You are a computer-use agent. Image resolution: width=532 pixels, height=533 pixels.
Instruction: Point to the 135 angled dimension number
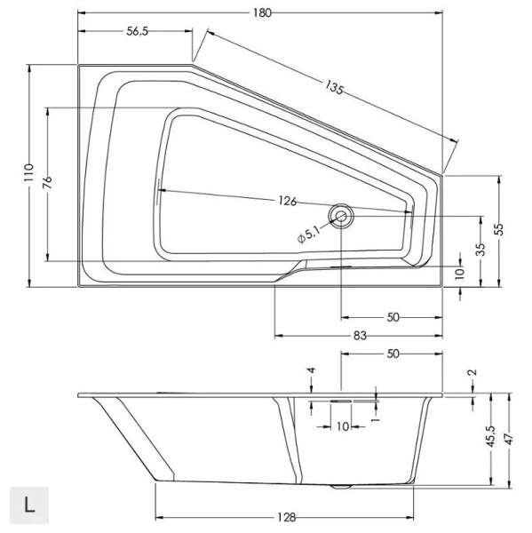334,87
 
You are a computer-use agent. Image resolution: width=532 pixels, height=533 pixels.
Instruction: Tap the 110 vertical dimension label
28,173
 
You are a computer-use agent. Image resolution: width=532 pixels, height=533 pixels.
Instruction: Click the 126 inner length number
286,201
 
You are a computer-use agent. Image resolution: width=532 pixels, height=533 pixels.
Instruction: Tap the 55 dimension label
500,228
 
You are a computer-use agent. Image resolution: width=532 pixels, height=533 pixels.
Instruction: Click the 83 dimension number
361,335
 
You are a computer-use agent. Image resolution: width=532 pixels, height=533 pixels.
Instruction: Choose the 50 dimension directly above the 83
392,316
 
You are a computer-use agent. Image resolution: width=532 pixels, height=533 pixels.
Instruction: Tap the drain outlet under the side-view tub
340,486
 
